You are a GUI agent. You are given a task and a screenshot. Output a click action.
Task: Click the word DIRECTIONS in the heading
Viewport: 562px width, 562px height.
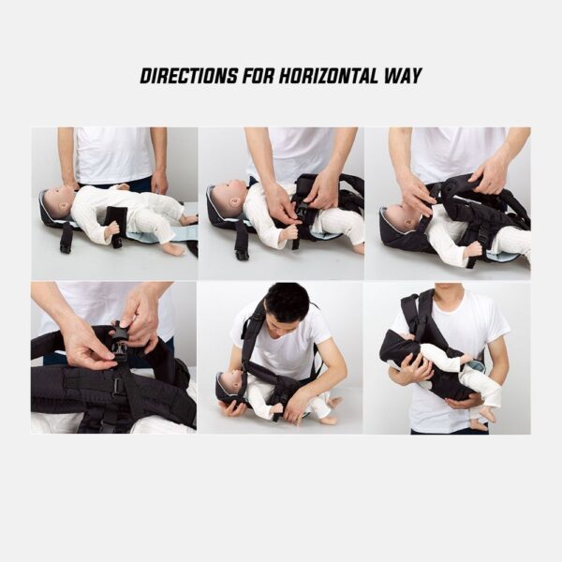188,76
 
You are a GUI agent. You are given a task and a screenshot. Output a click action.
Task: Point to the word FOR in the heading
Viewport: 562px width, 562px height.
259,76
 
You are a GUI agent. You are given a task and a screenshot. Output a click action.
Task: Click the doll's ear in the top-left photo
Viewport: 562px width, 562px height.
64,206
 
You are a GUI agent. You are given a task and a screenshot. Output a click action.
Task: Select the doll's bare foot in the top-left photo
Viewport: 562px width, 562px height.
173,249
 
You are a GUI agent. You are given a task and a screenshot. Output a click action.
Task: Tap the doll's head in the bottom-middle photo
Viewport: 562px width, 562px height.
231,385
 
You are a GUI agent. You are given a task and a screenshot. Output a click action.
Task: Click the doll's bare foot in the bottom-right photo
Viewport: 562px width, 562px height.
481,424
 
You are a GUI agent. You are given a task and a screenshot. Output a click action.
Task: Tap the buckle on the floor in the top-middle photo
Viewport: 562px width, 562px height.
242,255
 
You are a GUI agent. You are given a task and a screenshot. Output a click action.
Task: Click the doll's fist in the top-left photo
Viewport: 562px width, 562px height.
111,229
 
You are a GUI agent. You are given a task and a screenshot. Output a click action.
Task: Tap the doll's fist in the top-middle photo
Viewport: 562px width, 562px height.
289,233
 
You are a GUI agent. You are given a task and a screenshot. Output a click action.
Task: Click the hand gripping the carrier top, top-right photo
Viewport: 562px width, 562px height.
490,176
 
